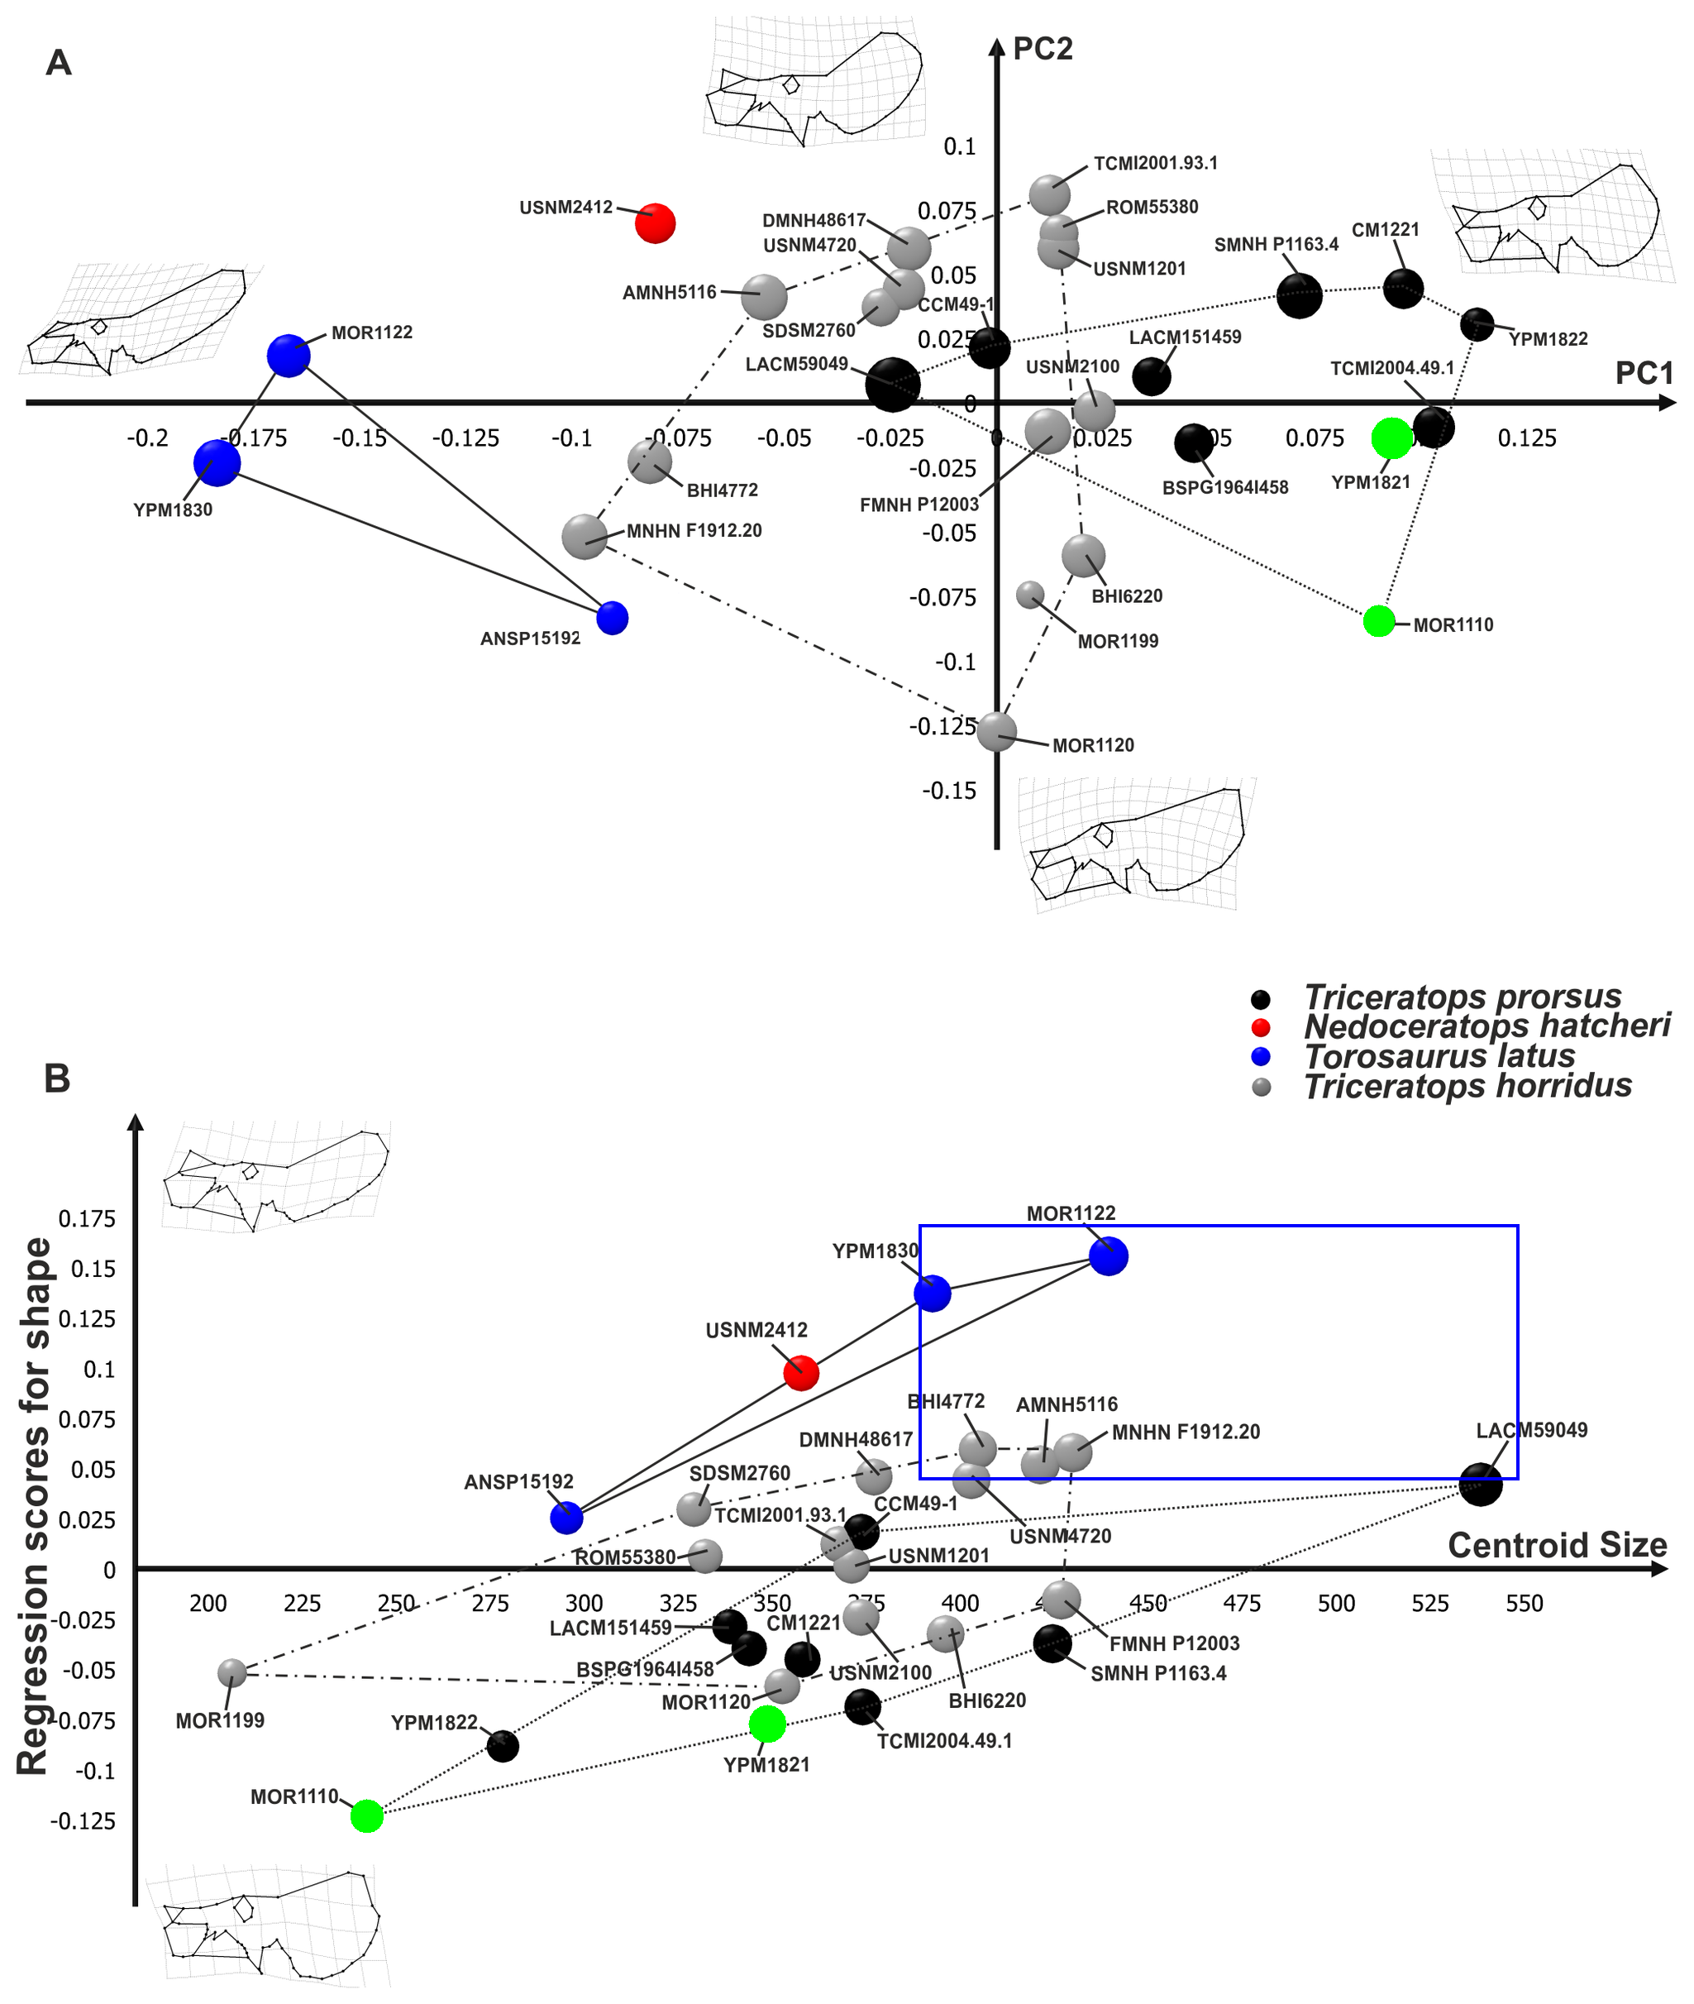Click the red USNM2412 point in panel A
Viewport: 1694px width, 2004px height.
coord(655,222)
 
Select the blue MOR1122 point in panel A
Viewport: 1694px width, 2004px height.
coord(288,356)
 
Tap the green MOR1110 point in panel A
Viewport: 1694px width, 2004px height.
coord(1379,620)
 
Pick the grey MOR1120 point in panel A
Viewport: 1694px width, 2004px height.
coord(997,732)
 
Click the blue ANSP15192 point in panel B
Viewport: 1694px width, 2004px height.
coord(566,1517)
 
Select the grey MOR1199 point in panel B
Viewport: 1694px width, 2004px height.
coord(231,1672)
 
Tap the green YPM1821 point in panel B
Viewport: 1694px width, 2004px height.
coord(767,1724)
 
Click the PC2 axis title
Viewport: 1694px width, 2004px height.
coord(1042,48)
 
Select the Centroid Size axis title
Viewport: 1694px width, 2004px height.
coord(1557,1545)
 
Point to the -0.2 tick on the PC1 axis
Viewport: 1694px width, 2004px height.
coord(148,438)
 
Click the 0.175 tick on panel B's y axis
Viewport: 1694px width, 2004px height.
coord(87,1219)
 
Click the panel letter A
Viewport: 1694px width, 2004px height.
coord(59,63)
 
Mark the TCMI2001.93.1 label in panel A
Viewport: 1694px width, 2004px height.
coord(1155,163)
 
